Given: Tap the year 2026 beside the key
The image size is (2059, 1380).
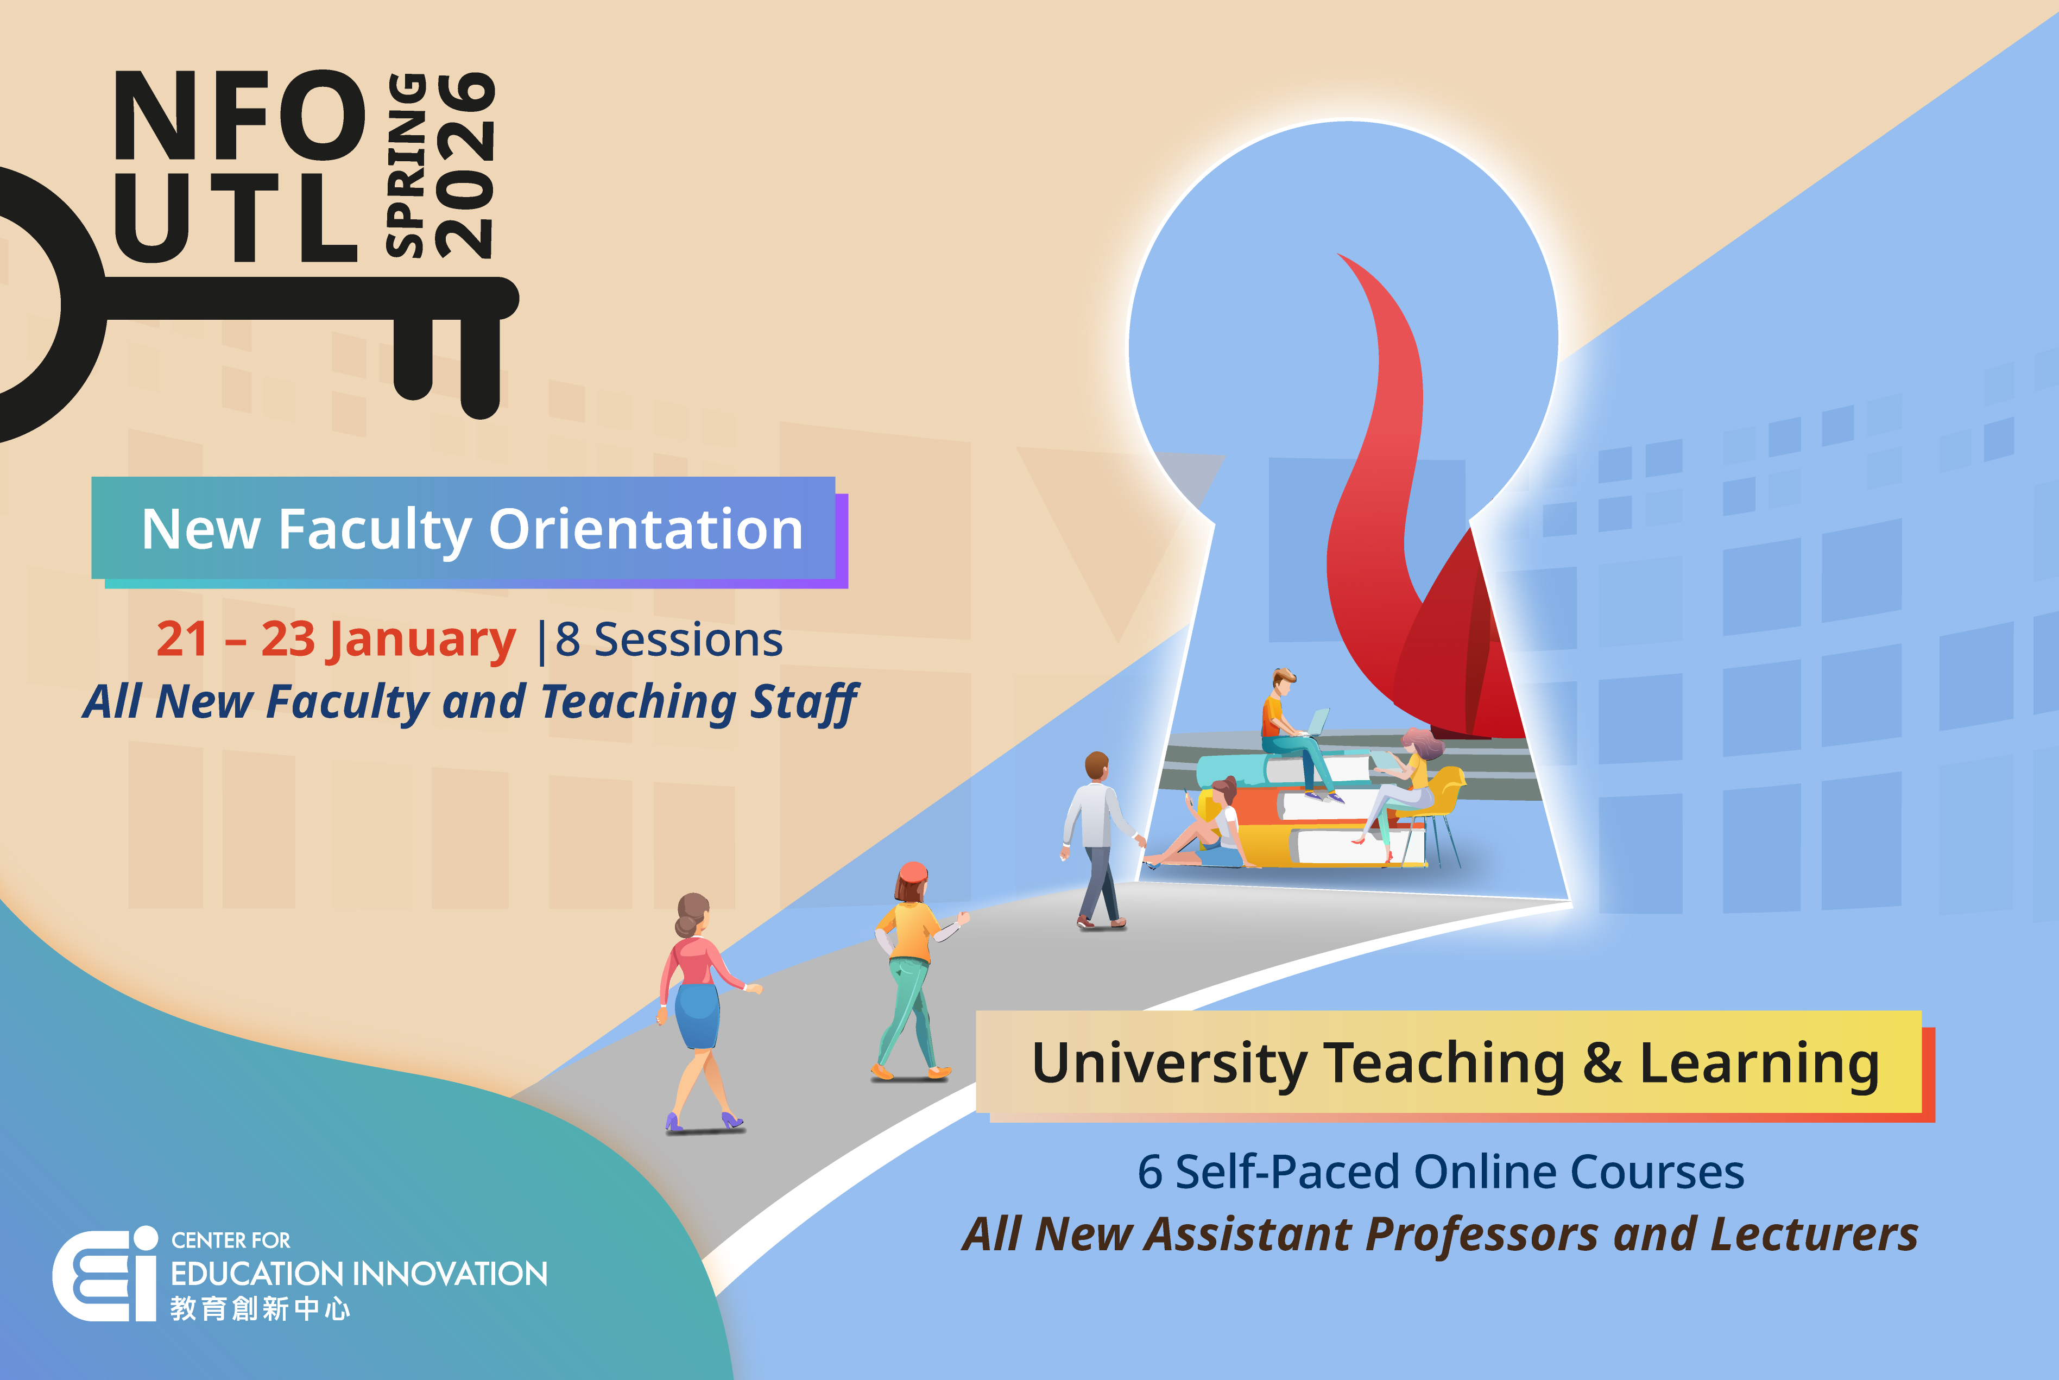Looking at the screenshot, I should (x=466, y=166).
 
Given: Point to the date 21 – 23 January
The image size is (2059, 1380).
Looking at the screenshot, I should (x=336, y=639).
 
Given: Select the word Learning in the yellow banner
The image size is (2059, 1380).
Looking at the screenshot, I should (x=1759, y=1063).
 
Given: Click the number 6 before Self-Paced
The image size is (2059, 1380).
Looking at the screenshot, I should (x=1149, y=1172).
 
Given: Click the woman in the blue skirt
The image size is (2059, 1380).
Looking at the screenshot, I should (x=700, y=1012).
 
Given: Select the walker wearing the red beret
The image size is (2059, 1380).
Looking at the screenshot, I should (x=911, y=968).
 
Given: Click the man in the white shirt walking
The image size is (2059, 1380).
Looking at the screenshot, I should (x=1096, y=836).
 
